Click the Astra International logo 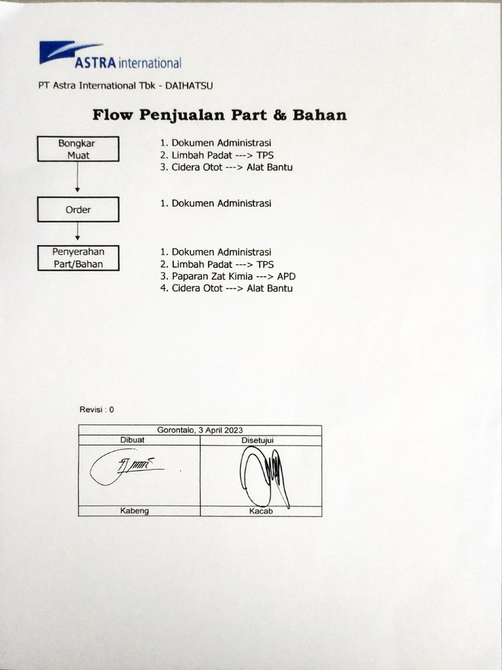[110, 56]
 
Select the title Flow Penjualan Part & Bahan [219, 116]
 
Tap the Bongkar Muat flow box [78, 149]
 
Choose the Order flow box [78, 209]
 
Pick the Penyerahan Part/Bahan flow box [78, 258]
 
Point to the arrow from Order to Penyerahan [78, 231]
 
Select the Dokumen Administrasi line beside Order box [216, 203]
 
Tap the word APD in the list [286, 276]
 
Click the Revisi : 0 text [97, 410]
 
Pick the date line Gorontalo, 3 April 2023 [200, 430]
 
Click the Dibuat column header [133, 440]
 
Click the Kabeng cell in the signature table [135, 511]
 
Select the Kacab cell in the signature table [261, 511]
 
